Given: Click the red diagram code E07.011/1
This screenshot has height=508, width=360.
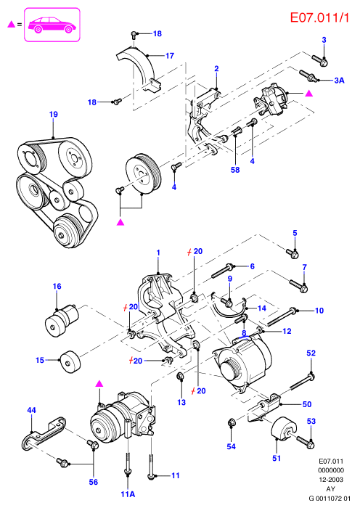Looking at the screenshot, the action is tap(319, 17).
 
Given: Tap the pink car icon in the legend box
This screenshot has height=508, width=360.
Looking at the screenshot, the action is tap(52, 25).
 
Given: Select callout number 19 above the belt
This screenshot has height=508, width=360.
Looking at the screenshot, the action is tap(54, 115).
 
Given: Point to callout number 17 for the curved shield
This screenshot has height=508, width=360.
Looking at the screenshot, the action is tap(170, 56).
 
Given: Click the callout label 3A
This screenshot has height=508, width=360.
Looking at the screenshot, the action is tap(339, 81).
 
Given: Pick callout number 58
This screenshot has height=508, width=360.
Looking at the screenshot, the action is tap(235, 169).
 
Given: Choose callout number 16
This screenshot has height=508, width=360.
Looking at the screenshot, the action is tap(57, 287).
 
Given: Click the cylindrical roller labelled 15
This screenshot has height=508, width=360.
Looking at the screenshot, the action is tap(70, 361).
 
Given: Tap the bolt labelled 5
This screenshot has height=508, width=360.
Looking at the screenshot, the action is tap(292, 254).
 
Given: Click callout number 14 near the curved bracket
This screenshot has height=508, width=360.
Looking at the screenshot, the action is tap(261, 308).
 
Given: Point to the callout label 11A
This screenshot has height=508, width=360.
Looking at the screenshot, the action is tap(128, 494).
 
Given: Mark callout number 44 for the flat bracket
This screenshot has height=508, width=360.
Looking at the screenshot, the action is tap(31, 410).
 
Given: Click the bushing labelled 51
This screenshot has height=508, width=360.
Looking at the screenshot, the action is tap(284, 429).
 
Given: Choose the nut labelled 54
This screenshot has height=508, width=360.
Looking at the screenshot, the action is tap(232, 422).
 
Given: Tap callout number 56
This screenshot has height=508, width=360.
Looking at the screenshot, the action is tap(94, 482).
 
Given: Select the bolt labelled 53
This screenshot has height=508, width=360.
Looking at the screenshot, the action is tap(305, 442).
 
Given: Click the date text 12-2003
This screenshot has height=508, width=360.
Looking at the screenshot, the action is tap(330, 480).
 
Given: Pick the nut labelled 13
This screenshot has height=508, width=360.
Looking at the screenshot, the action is tap(181, 377).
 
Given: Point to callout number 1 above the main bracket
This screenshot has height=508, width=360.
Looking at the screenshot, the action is tap(158, 253).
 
